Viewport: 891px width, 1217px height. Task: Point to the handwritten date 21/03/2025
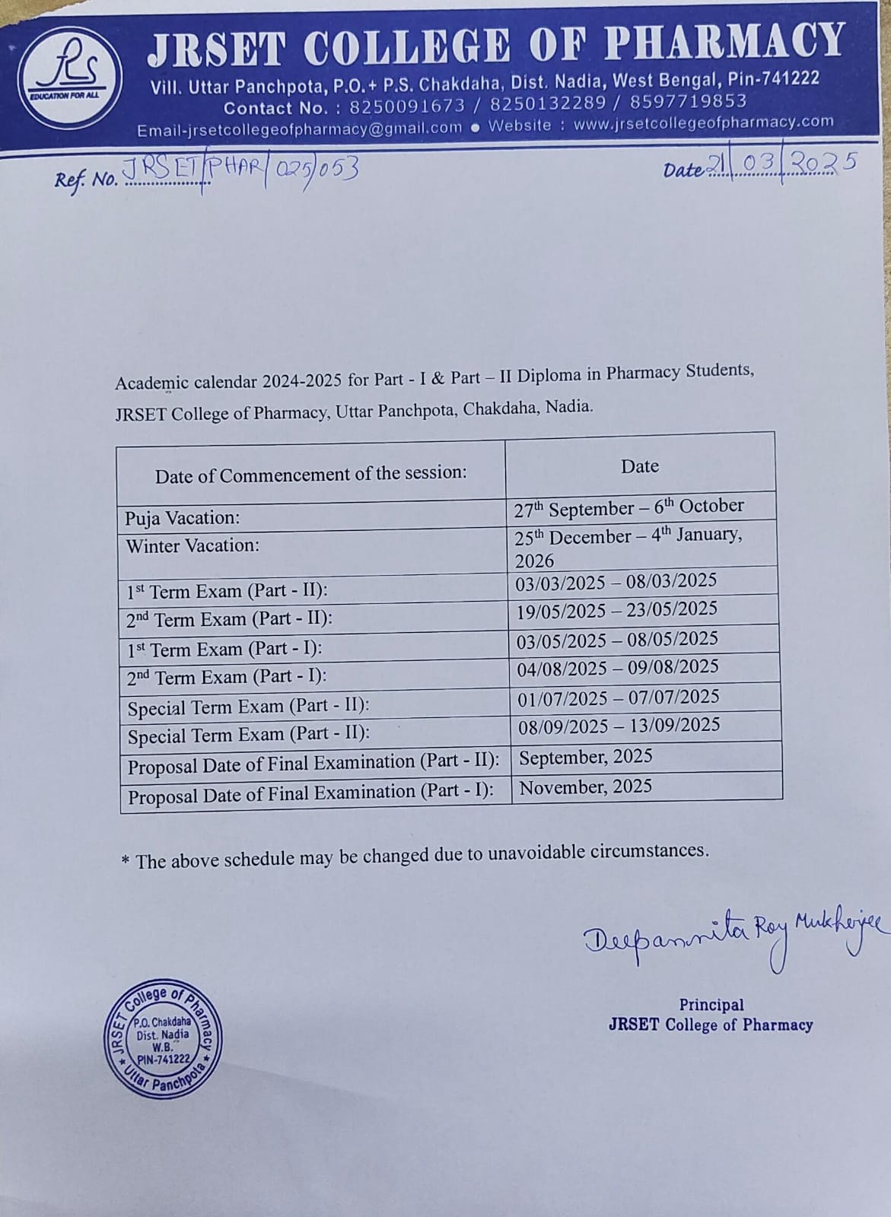pyautogui.click(x=781, y=164)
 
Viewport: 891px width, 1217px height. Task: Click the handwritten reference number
pyautogui.click(x=240, y=171)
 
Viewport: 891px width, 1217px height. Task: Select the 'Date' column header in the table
pyautogui.click(x=639, y=466)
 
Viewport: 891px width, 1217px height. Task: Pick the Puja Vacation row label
pyautogui.click(x=183, y=518)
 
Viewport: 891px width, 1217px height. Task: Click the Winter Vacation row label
pyautogui.click(x=193, y=546)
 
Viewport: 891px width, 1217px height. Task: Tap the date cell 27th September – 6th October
pyautogui.click(x=628, y=507)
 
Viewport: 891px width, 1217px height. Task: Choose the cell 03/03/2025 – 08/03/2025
pyautogui.click(x=616, y=582)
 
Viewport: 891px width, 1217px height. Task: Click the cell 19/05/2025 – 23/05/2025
pyautogui.click(x=616, y=610)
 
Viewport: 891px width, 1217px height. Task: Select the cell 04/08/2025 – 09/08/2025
pyautogui.click(x=618, y=668)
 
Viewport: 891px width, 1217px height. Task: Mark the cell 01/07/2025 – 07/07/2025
pyautogui.click(x=618, y=697)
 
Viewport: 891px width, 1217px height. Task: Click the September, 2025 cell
pyautogui.click(x=586, y=757)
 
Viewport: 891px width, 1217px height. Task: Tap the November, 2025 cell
pyautogui.click(x=585, y=786)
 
